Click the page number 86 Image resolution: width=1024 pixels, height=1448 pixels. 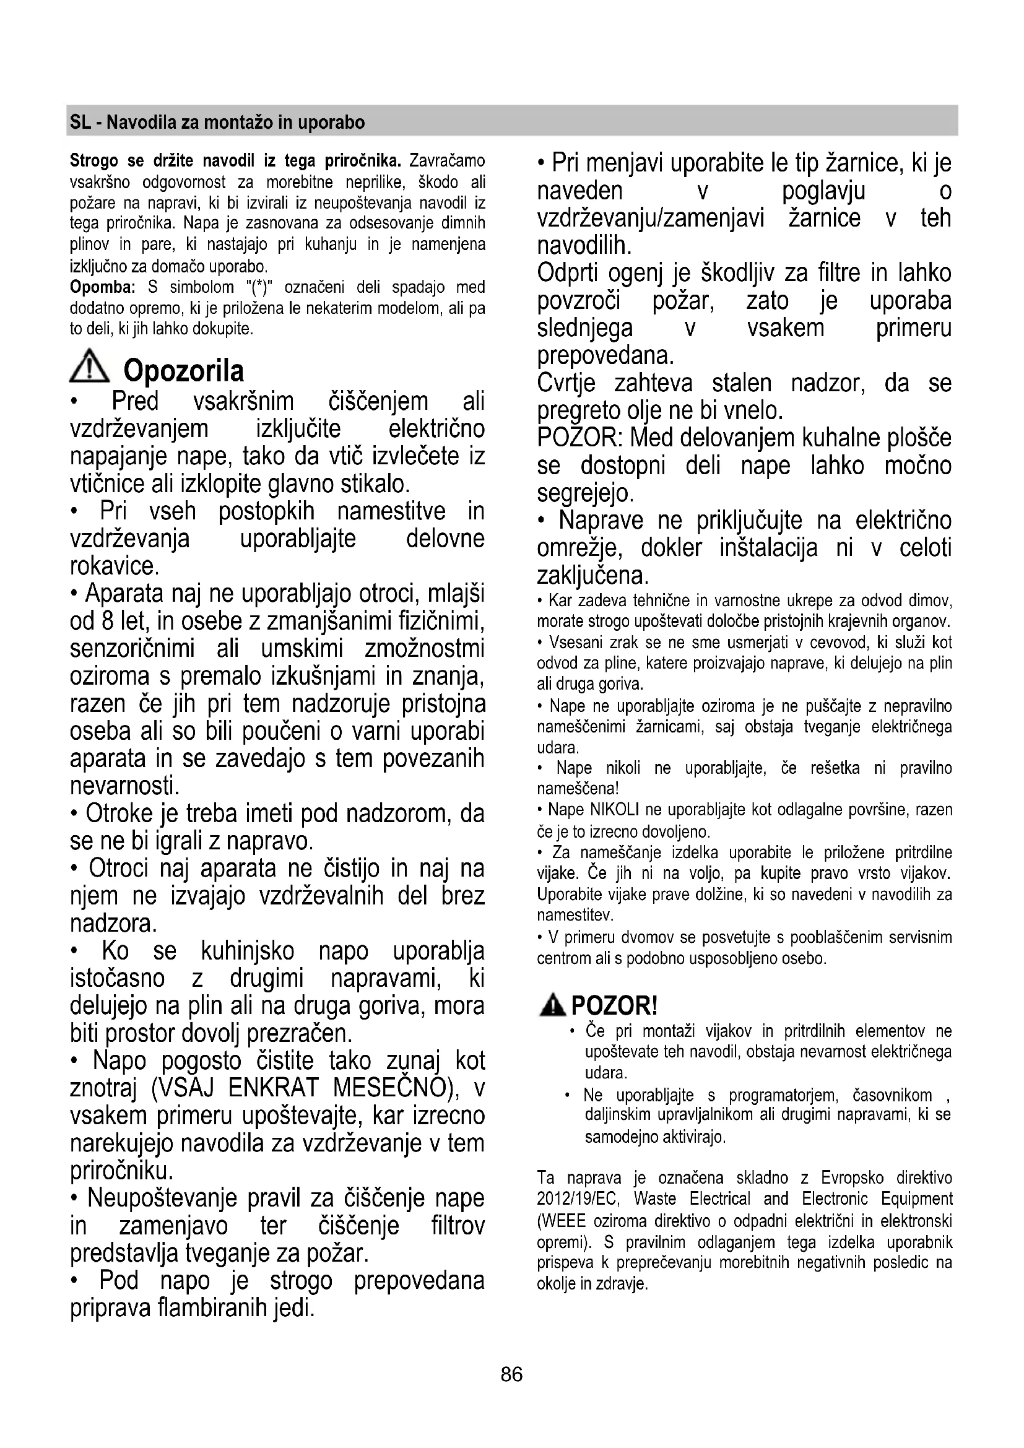[511, 1374]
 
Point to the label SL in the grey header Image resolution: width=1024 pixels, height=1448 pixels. [80, 122]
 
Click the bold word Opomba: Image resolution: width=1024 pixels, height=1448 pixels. [103, 288]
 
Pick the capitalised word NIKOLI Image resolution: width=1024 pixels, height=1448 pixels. [615, 810]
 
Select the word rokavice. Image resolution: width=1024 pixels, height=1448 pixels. [113, 566]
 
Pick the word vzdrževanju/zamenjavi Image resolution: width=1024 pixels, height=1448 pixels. [650, 218]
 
